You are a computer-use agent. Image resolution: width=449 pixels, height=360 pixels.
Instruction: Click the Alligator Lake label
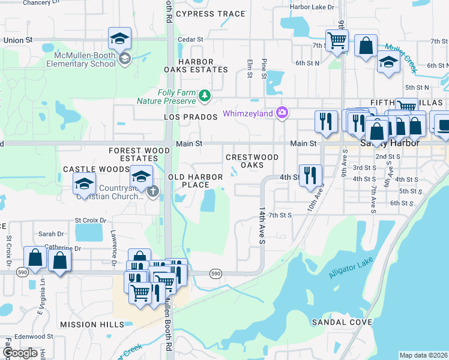coord(351,268)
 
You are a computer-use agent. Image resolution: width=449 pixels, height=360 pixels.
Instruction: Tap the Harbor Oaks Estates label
coord(196,65)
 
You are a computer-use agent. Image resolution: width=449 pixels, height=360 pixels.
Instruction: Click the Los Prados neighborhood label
coord(190,117)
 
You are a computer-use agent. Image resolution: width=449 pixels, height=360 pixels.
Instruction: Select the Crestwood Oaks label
coord(252,161)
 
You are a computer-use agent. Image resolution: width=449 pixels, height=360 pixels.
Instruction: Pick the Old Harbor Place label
coord(196,181)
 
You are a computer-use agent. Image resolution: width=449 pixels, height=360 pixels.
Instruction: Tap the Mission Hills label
coord(92,324)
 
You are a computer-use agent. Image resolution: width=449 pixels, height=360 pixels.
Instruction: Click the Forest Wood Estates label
coord(134,154)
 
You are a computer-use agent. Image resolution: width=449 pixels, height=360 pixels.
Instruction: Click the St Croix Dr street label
coord(90,220)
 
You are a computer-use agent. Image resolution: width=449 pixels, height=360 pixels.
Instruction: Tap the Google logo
coord(20,352)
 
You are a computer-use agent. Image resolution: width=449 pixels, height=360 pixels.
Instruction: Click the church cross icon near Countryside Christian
coord(153,192)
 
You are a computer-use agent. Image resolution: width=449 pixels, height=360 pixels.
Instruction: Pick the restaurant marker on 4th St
coord(310,175)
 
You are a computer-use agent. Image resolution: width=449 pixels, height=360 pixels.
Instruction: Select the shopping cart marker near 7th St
coord(337,41)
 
